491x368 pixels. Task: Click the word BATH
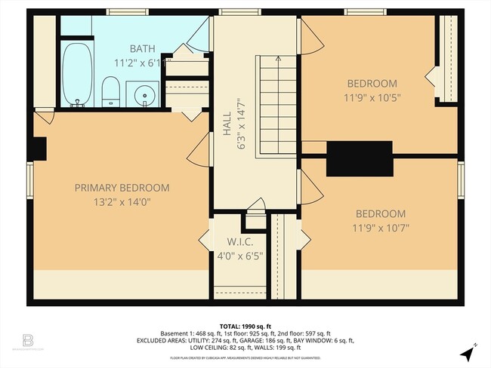click(142, 48)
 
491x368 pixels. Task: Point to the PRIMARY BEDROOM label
click(122, 188)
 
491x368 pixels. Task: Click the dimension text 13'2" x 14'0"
click(122, 201)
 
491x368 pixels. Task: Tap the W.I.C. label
click(236, 241)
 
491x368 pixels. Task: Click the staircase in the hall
click(276, 106)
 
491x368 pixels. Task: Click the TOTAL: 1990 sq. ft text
click(246, 325)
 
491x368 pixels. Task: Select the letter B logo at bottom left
click(28, 340)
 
